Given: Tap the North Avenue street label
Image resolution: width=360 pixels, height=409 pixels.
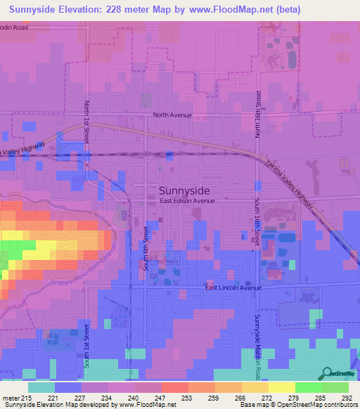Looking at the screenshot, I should point(172,115).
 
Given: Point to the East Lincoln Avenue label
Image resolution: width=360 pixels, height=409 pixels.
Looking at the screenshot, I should point(233,288).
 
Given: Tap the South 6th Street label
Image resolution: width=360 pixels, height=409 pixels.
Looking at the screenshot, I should point(146,248).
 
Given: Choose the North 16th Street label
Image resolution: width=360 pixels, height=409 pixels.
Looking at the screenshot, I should point(259,114).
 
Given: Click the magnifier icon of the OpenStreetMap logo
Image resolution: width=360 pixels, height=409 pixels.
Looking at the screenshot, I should point(326,373).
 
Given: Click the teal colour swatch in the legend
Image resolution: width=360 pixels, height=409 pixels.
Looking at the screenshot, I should point(41,387).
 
